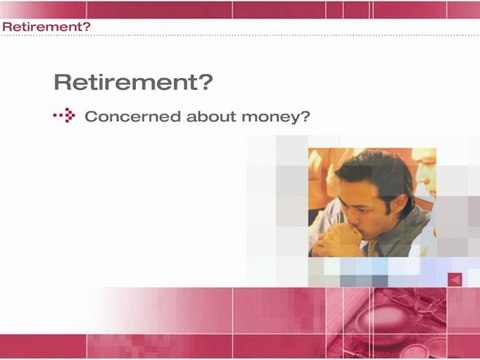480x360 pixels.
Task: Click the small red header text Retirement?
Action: (x=46, y=26)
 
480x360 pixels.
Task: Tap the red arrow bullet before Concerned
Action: (x=65, y=116)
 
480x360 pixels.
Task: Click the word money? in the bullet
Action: (x=274, y=116)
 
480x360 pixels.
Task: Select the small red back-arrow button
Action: (x=454, y=281)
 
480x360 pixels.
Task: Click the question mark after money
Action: (x=305, y=116)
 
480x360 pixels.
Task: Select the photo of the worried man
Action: (x=371, y=203)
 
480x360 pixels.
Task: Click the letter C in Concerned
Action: (x=91, y=116)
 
